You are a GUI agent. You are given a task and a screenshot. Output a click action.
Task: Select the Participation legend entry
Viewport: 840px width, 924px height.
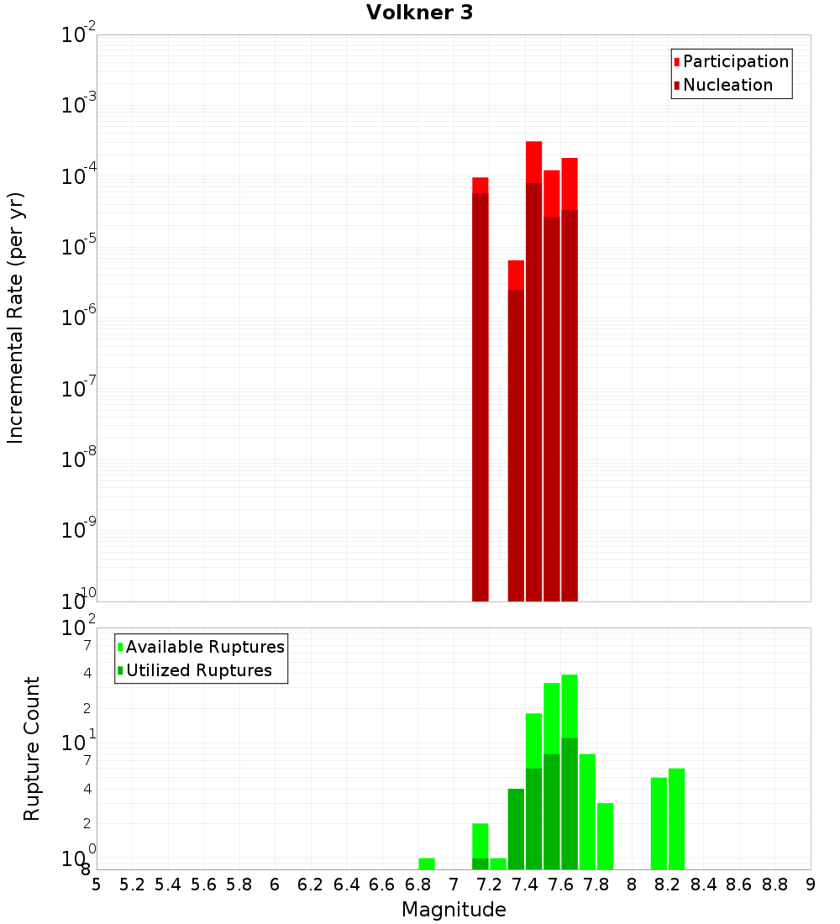[735, 61]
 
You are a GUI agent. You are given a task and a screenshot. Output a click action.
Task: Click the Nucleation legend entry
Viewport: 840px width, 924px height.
[727, 85]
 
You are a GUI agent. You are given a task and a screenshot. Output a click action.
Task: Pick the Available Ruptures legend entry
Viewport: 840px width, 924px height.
[204, 647]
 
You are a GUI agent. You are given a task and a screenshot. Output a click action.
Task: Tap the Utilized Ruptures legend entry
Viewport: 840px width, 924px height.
[198, 670]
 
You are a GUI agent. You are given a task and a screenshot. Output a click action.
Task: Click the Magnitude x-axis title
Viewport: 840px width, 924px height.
[454, 909]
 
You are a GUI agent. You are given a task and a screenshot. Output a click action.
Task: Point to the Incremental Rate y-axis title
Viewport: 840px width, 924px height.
[16, 318]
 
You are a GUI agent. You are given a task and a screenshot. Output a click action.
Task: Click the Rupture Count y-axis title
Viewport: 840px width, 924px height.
[32, 748]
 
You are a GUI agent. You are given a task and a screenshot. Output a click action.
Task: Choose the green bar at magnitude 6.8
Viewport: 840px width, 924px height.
[427, 864]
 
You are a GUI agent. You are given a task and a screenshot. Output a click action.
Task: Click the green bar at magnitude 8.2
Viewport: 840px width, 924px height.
[676, 818]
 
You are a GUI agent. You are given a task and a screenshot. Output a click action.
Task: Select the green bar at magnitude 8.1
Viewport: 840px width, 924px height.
[659, 823]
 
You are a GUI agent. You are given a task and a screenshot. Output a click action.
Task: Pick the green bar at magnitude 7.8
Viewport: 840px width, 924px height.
[587, 811]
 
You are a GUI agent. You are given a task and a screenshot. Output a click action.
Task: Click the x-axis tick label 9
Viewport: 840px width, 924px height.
[811, 885]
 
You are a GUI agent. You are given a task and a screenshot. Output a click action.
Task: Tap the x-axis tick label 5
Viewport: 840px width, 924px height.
[97, 885]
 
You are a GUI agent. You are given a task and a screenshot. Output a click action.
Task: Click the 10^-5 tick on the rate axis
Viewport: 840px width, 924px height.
[78, 246]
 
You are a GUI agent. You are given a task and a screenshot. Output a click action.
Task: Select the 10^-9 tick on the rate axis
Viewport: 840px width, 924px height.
[78, 529]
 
